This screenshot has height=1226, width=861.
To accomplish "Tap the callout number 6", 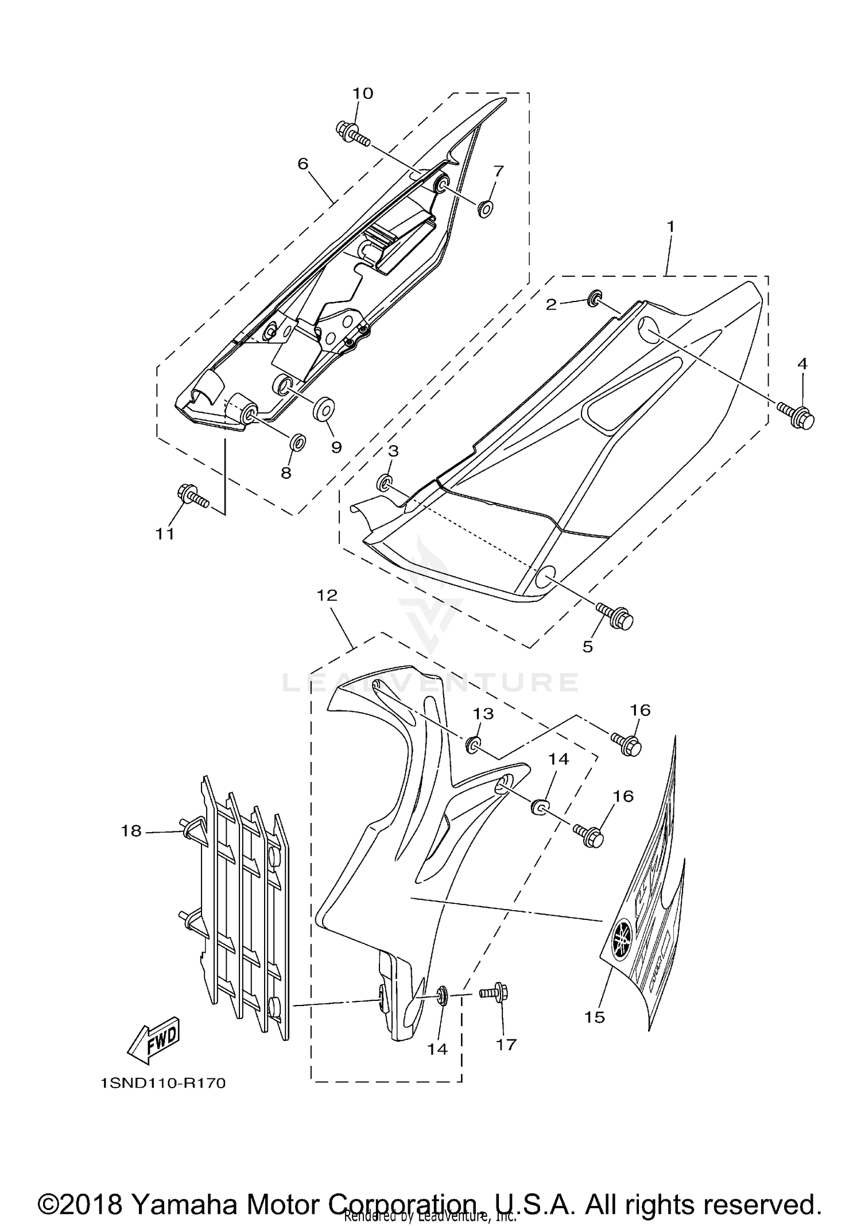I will [303, 164].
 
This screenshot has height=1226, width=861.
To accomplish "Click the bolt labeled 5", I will [615, 616].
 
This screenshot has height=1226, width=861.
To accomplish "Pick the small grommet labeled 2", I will [595, 297].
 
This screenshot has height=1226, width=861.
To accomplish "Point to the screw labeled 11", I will [192, 496].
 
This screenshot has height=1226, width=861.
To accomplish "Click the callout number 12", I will [327, 595].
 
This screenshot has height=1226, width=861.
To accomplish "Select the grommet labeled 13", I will [474, 745].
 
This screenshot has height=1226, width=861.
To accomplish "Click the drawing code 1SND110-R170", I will [162, 1084].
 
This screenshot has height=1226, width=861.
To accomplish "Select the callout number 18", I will [131, 831].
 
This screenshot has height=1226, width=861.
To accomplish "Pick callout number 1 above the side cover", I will [670, 227].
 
